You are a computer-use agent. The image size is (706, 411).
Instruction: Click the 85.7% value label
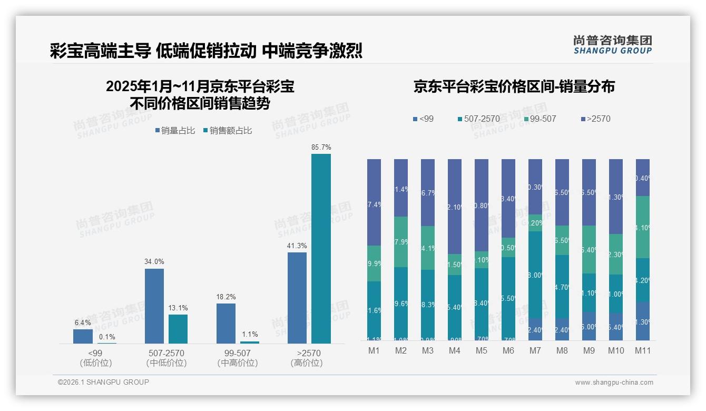[321, 147]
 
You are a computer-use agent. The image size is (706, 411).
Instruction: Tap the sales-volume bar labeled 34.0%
[154, 306]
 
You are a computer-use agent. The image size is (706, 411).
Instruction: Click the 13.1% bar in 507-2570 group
[178, 329]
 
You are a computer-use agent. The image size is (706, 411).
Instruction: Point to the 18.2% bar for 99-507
[226, 324]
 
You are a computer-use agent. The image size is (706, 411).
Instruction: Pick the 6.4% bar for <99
[83, 336]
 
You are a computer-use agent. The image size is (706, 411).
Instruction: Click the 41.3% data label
[297, 246]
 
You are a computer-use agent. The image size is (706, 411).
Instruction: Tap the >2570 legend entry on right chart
[595, 119]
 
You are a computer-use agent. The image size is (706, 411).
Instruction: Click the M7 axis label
[535, 350]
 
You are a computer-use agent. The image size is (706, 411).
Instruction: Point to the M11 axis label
[642, 350]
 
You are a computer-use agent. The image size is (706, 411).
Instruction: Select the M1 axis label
[374, 350]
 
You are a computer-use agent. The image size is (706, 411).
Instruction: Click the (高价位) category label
[306, 363]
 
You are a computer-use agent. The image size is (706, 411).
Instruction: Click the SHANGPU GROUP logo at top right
[613, 45]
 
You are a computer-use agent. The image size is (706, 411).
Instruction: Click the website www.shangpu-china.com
[614, 383]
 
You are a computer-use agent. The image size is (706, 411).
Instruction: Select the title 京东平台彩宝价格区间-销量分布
[514, 87]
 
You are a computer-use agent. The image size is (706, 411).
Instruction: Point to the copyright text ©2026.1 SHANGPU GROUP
[103, 382]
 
